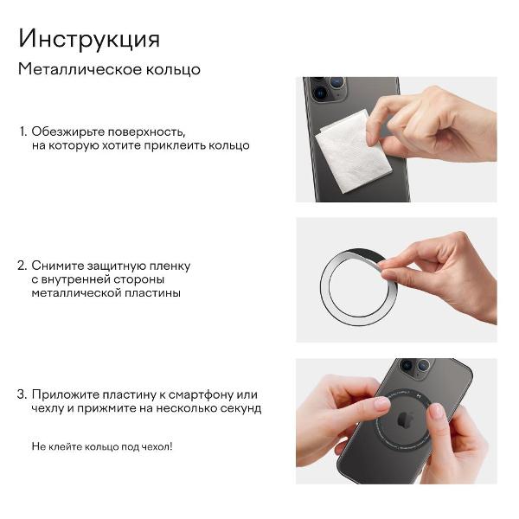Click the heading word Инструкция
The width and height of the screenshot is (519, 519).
click(89, 39)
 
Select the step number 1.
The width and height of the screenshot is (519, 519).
click(22, 131)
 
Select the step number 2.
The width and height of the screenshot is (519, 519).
click(22, 266)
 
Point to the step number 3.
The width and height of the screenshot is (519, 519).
click(22, 394)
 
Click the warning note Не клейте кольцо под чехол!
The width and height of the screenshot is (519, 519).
click(102, 446)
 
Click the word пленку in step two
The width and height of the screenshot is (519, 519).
click(170, 266)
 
